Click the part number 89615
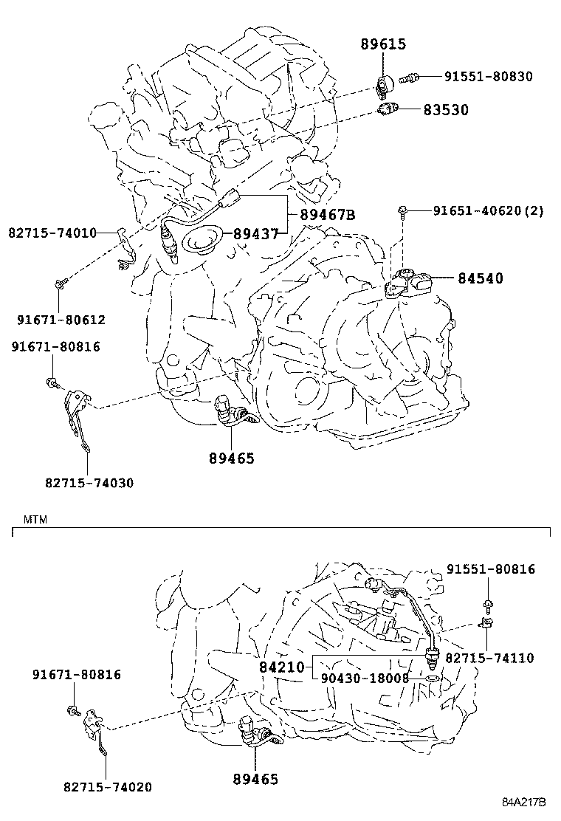383,44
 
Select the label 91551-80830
488,76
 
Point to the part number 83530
445,110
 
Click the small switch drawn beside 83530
388,109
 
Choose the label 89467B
327,215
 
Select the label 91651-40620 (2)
488,211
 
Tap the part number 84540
480,278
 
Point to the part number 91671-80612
61,320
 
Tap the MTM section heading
35,519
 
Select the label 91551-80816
491,569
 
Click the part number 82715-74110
489,657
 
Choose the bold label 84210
281,667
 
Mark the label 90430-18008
365,678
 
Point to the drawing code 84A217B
524,802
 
